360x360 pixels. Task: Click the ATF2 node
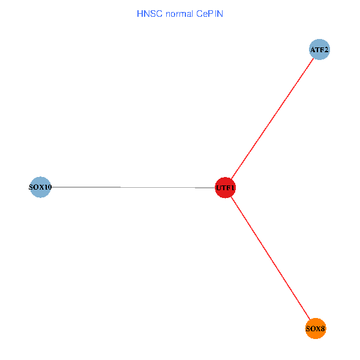[319, 50]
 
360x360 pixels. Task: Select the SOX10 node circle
[40, 187]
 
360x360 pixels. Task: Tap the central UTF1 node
[225, 188]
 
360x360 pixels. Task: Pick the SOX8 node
[316, 328]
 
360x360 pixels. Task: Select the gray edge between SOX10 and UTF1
[132, 187]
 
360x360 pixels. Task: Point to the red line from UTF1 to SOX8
[270, 258]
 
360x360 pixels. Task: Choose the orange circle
[316, 328]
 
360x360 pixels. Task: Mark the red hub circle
[225, 188]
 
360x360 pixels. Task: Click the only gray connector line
[132, 187]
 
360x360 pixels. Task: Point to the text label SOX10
[40, 187]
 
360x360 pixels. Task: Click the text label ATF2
[319, 50]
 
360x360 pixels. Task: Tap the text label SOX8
[316, 329]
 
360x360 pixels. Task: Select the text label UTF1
[225, 188]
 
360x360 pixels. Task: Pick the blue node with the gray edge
[40, 187]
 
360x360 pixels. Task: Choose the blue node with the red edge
[319, 50]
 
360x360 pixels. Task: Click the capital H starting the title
[140, 13]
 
